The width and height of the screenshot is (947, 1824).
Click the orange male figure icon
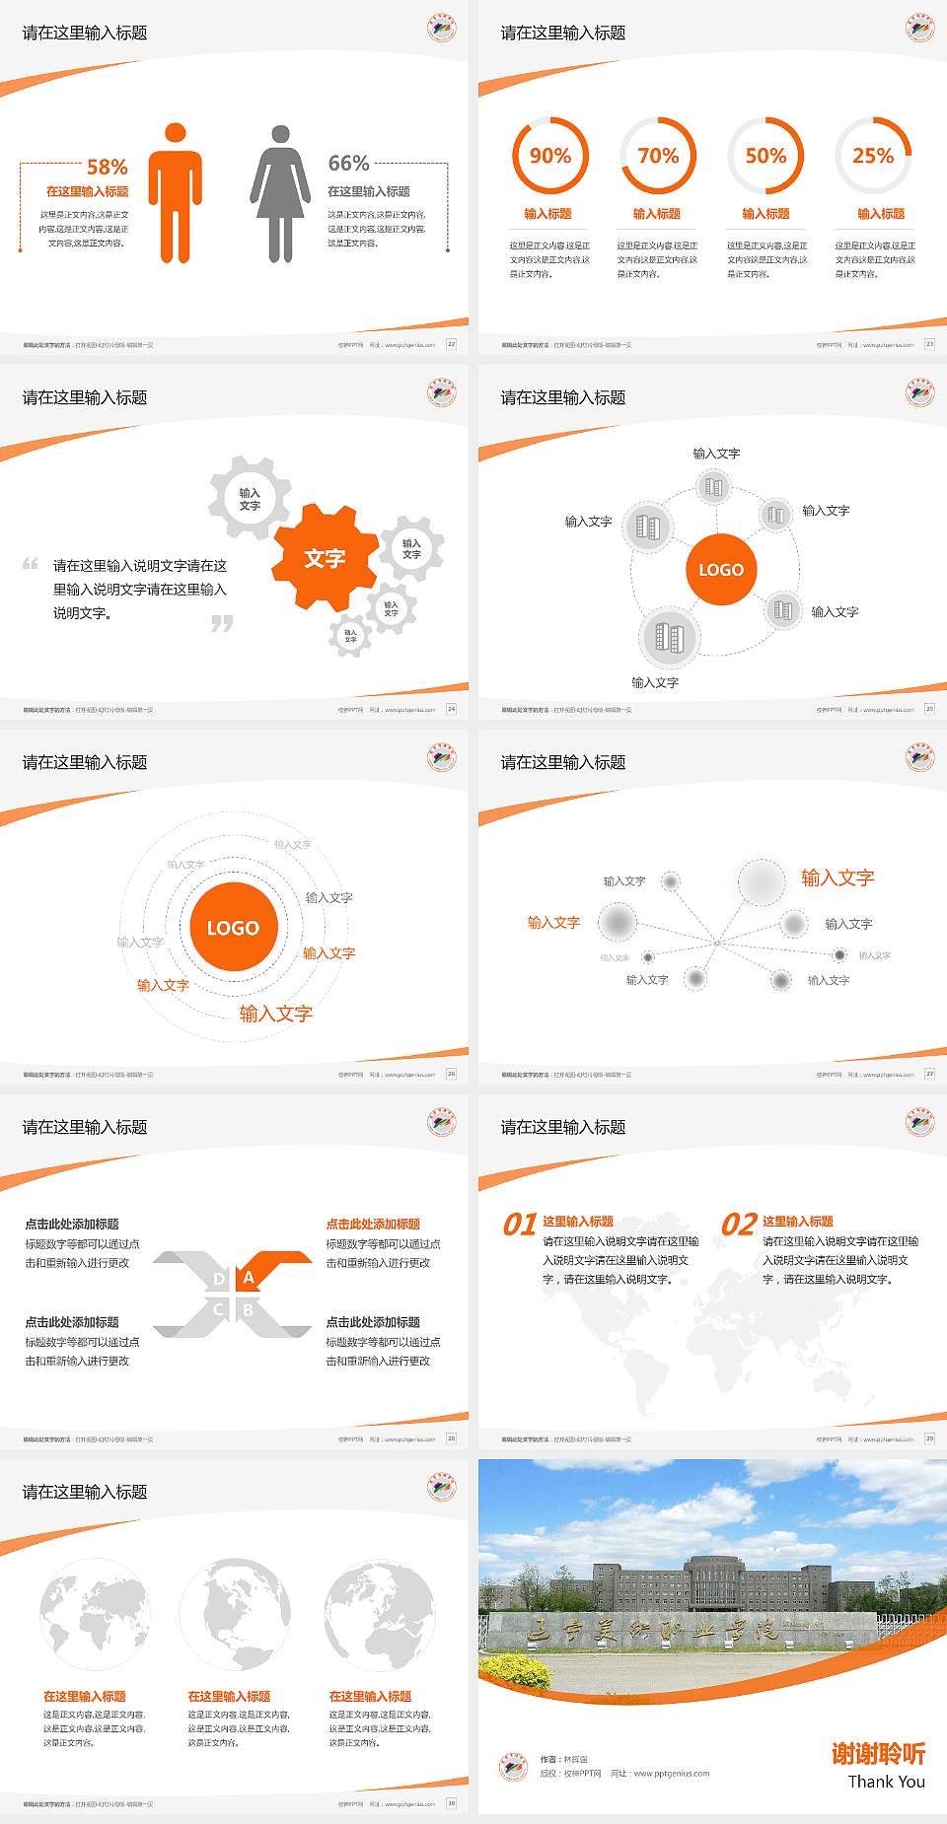coord(176,193)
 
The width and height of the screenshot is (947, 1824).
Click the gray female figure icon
coord(280,193)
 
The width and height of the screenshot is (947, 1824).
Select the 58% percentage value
coord(107,167)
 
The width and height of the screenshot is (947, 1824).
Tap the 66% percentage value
coord(348,163)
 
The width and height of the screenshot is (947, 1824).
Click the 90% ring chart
coord(549,156)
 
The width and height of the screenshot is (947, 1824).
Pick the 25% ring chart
coord(873,156)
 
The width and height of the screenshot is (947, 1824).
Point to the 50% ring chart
coord(765,156)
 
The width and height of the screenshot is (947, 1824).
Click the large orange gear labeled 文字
coord(325,558)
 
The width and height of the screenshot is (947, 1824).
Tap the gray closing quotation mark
coord(222,623)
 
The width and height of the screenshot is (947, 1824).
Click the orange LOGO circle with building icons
coord(721,570)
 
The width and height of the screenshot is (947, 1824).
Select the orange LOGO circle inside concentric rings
coord(233,928)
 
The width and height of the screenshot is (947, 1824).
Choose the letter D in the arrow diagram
coord(219,1279)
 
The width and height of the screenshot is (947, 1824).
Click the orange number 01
coord(520,1225)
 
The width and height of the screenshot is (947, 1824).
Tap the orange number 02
coord(739,1225)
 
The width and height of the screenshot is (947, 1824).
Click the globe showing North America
coord(235,1614)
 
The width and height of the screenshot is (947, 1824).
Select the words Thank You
coord(886,1782)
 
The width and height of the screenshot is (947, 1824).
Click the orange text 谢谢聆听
coord(878,1754)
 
